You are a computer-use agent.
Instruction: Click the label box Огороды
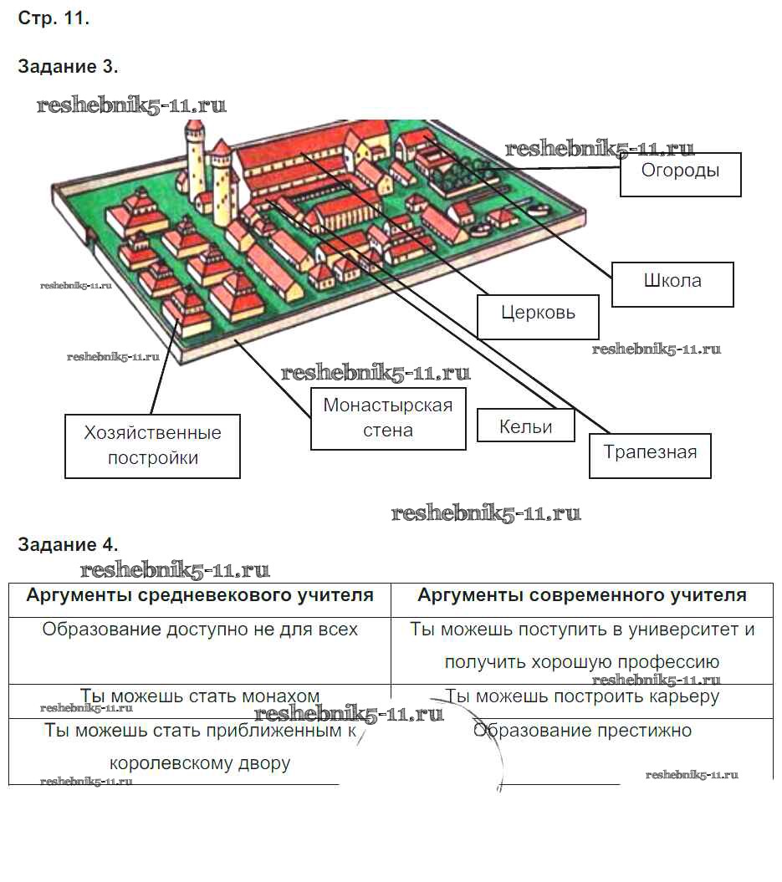pyautogui.click(x=680, y=174)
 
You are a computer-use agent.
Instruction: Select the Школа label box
pyautogui.click(x=672, y=284)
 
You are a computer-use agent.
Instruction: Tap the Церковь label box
pyautogui.click(x=538, y=316)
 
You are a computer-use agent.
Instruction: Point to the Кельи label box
pyautogui.click(x=525, y=426)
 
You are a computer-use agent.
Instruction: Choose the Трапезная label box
pyautogui.click(x=650, y=455)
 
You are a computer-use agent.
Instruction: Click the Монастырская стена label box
pyautogui.click(x=388, y=418)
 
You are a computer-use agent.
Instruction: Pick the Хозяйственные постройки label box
pyautogui.click(x=153, y=446)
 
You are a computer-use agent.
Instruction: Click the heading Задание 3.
pyautogui.click(x=68, y=67)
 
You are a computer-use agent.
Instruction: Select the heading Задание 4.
pyautogui.click(x=68, y=545)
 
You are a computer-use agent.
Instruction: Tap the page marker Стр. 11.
pyautogui.click(x=54, y=19)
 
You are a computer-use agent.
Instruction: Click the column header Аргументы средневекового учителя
pyautogui.click(x=200, y=596)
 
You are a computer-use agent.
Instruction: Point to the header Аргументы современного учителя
pyautogui.click(x=582, y=596)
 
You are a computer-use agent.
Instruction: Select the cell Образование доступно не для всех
pyautogui.click(x=200, y=630)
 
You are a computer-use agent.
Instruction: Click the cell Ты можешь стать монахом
pyautogui.click(x=200, y=696)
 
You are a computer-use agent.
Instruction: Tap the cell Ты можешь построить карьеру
pyautogui.click(x=582, y=696)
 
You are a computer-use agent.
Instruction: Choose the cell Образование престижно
pyautogui.click(x=582, y=731)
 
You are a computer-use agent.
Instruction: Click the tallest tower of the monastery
pyautogui.click(x=195, y=159)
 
